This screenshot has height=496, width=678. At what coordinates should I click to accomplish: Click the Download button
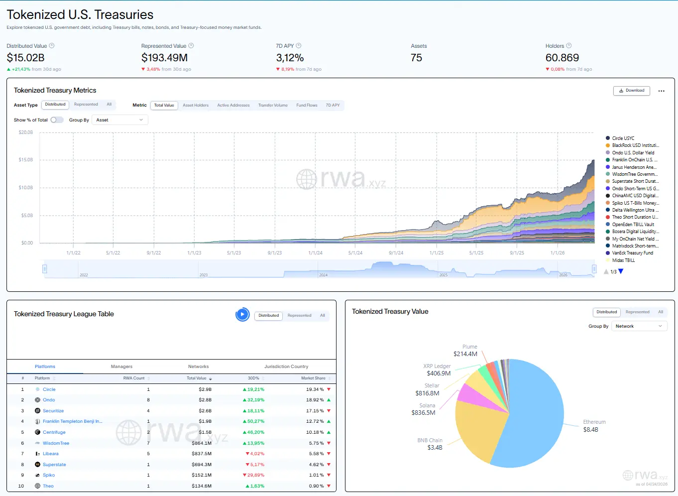(x=631, y=91)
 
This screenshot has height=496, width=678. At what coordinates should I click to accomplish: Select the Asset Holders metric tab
(x=196, y=106)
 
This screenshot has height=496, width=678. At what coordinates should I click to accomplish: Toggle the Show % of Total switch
(x=57, y=120)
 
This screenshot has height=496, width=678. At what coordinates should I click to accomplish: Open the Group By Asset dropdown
(x=119, y=120)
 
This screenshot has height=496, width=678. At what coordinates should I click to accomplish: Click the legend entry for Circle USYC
(x=623, y=138)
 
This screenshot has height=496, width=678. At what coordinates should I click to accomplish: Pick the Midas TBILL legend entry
(x=623, y=260)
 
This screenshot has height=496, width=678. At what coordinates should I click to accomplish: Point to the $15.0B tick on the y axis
(x=26, y=160)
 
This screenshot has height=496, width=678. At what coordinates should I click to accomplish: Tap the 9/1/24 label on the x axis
(x=396, y=253)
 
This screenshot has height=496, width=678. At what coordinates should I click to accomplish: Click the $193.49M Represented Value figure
(x=164, y=58)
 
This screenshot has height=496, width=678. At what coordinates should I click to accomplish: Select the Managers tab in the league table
(x=121, y=367)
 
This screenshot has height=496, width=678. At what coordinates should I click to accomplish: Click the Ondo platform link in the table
(x=49, y=400)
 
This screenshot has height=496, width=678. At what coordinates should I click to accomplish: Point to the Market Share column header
(x=313, y=378)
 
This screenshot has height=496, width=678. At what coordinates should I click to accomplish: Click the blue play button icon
(x=242, y=315)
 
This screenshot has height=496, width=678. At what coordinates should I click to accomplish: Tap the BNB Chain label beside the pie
(x=430, y=440)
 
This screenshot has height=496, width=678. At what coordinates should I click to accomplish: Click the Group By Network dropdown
(x=639, y=326)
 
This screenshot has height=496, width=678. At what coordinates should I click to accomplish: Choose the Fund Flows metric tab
(x=307, y=106)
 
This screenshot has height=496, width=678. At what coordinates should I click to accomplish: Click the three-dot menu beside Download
(x=661, y=91)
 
